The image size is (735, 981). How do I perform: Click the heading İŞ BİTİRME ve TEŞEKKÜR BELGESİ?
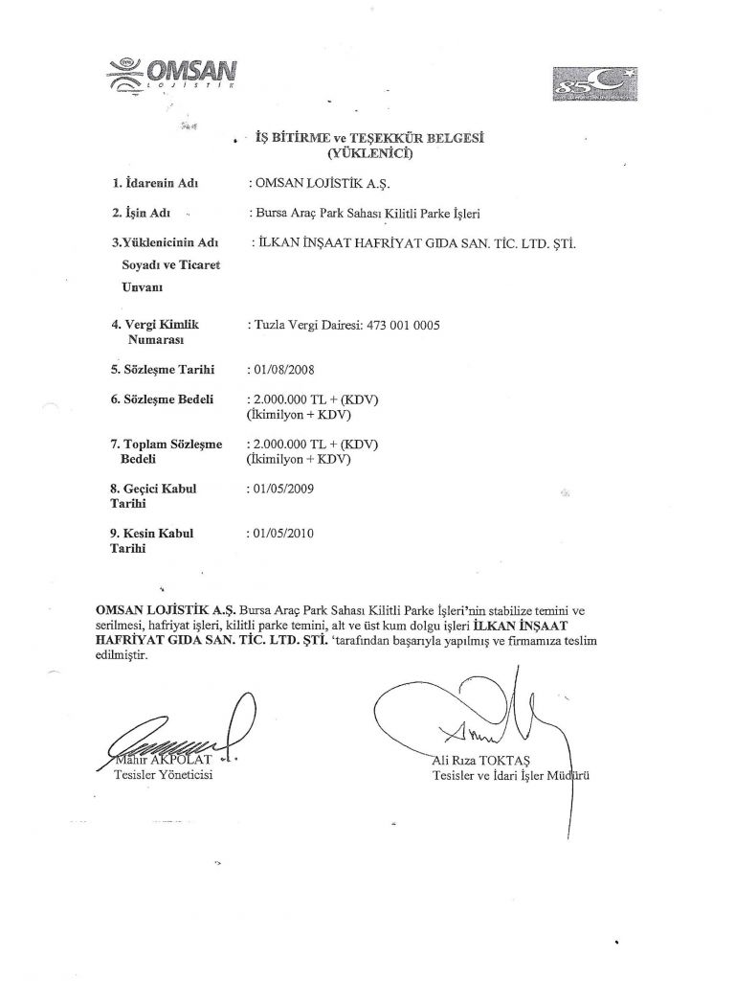click(x=365, y=138)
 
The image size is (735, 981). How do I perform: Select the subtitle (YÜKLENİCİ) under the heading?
click(x=366, y=151)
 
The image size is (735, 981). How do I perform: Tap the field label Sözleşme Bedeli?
click(x=162, y=399)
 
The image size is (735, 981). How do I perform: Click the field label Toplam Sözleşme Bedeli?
click(x=166, y=451)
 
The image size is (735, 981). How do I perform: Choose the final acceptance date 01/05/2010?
click(x=281, y=533)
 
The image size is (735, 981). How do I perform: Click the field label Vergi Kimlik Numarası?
click(x=158, y=331)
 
